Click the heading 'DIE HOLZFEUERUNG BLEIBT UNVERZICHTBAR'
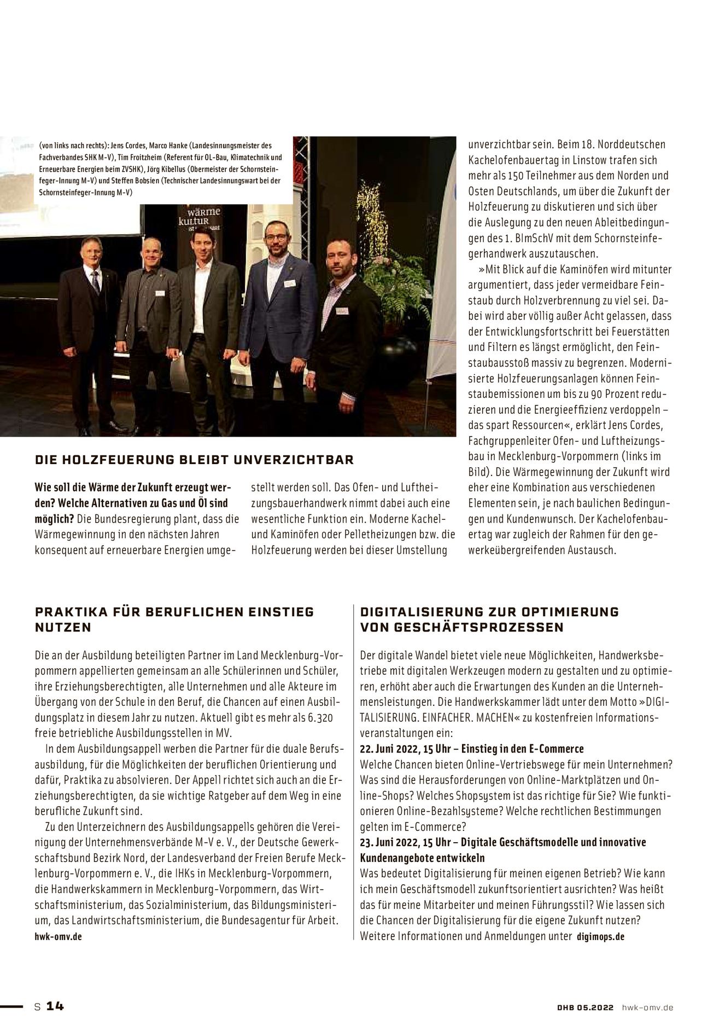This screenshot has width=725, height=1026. click(194, 459)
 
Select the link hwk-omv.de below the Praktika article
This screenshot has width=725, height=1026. click(59, 936)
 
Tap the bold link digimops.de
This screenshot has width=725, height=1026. click(600, 936)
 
